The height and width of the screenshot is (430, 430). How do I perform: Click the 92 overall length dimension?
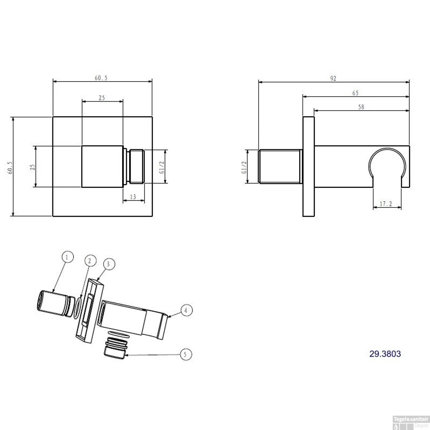[333, 78]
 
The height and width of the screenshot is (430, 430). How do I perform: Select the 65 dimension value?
[355, 93]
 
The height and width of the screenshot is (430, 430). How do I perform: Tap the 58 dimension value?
[361, 107]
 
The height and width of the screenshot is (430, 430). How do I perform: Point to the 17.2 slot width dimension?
[386, 204]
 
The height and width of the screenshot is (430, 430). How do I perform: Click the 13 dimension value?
[133, 197]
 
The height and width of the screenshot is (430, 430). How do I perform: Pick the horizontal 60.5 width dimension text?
[101, 78]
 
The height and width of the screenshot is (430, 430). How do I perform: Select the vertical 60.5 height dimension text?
[10, 168]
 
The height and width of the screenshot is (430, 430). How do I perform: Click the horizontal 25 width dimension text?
[102, 98]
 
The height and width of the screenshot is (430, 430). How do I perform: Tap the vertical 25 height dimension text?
[33, 167]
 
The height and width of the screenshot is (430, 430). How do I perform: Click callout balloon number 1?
[67, 257]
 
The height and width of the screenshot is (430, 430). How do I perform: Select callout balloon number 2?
[90, 261]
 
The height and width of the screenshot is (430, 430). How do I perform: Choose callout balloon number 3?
[108, 264]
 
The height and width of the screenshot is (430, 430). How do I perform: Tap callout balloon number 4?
[186, 310]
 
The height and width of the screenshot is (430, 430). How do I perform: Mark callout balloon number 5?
[185, 354]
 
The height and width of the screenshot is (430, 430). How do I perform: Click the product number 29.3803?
[385, 354]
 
